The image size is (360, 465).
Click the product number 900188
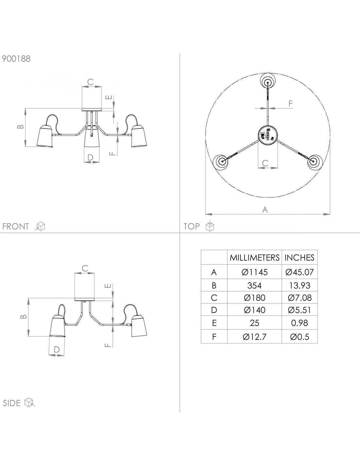[x=16, y=59]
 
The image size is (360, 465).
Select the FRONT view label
[x=15, y=226]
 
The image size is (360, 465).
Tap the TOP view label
[x=191, y=226]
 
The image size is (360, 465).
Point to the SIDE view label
[x=12, y=403]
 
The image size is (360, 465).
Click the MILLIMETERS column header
[x=254, y=258]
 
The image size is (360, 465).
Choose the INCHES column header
[x=299, y=258]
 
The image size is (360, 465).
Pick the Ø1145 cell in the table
[x=254, y=272]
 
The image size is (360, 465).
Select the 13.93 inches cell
[x=299, y=285]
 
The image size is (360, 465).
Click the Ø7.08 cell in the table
[x=299, y=298]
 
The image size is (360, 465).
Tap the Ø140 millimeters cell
[x=254, y=310]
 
